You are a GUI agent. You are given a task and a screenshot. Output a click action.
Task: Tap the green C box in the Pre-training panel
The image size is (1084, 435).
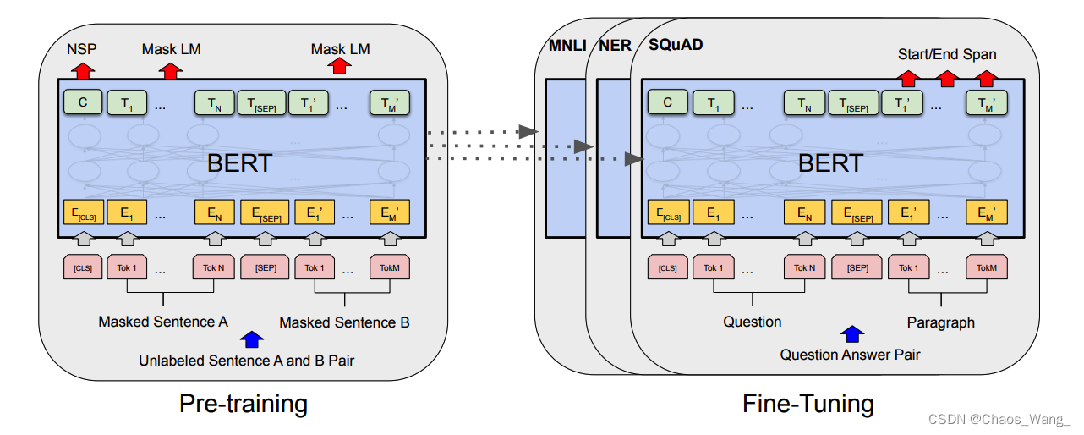pos(81,102)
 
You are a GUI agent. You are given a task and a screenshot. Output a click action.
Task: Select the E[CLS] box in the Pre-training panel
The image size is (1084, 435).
pos(81,212)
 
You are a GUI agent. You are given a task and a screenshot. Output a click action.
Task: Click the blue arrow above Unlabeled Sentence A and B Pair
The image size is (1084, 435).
pos(250,339)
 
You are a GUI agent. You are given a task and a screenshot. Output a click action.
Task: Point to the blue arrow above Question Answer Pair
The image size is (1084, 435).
pos(851,334)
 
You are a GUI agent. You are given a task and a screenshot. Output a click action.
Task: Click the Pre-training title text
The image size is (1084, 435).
pos(243,404)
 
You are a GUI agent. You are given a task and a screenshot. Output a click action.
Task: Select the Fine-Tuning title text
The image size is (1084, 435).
pos(808,404)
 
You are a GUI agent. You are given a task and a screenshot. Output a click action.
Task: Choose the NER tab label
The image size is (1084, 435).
pos(615,44)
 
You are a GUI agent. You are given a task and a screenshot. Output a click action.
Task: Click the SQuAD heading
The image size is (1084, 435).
pos(676,44)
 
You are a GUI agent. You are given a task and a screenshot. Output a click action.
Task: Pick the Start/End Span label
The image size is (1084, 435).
pos(947,54)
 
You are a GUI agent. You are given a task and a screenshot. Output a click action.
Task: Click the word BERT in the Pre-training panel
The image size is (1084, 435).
pos(239,162)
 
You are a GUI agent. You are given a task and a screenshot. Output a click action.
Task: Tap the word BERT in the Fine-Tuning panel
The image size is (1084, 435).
pos(830,162)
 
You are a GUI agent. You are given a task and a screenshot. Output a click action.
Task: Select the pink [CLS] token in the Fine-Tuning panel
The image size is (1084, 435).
pos(668,267)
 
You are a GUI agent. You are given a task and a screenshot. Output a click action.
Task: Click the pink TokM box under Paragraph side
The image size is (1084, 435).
pos(987,267)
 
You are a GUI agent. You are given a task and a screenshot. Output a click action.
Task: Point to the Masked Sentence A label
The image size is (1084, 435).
pos(163,322)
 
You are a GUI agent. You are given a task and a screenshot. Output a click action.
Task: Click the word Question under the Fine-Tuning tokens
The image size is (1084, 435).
pos(752,322)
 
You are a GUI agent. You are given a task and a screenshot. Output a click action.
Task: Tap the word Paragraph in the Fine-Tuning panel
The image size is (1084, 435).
pos(940,322)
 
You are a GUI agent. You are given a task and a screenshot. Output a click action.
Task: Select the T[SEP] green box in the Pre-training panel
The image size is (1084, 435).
pos(261,103)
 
